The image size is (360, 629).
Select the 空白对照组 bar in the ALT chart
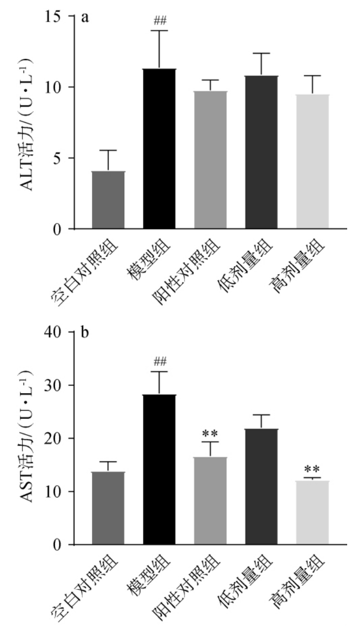[x=108, y=200]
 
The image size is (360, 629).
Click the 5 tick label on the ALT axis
[x=65, y=158]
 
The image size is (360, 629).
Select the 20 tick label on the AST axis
[x=61, y=438]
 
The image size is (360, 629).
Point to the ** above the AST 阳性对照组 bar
[x=211, y=433]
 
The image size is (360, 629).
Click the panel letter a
[x=85, y=18]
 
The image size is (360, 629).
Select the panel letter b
[x=85, y=333]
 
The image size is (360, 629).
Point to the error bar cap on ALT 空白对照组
[x=108, y=150]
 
